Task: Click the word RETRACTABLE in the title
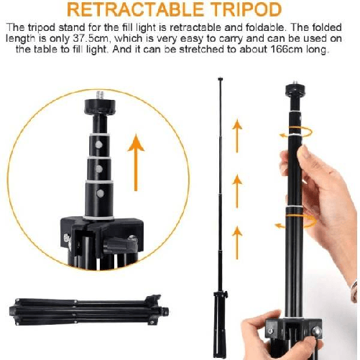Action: [135, 9]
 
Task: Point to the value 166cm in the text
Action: [287, 49]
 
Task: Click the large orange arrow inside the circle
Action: [136, 162]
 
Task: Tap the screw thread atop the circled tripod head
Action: [100, 95]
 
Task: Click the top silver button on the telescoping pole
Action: [98, 144]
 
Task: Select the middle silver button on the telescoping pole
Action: [99, 169]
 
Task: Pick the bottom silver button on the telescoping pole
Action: [100, 193]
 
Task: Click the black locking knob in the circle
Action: [121, 245]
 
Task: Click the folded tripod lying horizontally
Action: [88, 310]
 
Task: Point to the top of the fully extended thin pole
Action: [221, 78]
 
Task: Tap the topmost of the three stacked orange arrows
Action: [237, 135]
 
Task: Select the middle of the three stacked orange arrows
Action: [237, 191]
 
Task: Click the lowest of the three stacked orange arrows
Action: [237, 242]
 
